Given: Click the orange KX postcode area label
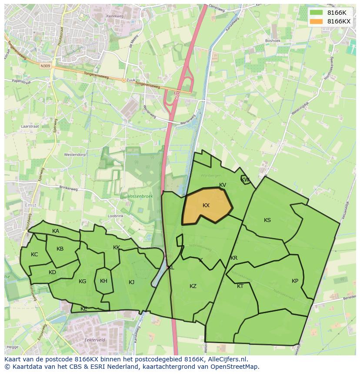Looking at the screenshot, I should [x=206, y=205].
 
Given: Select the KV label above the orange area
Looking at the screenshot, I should [x=223, y=185].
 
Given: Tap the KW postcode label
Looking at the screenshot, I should [x=245, y=179].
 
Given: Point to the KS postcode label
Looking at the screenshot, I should [x=267, y=220].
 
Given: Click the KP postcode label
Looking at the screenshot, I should [x=295, y=281].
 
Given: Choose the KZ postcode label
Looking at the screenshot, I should [x=193, y=286].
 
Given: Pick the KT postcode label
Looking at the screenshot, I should [x=240, y=286].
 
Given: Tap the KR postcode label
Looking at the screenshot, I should [x=234, y=258].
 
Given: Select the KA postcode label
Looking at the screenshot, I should [x=56, y=231].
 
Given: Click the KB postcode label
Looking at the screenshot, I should [x=60, y=249].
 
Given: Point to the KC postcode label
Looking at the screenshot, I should [x=34, y=255].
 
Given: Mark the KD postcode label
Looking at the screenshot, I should [x=52, y=272].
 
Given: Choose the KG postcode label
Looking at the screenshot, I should [x=82, y=281].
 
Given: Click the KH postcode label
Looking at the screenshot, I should [x=103, y=281].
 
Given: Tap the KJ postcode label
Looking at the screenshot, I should [x=132, y=282].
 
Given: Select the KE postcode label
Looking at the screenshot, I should [x=84, y=309].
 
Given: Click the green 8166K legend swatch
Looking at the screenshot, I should [x=317, y=12].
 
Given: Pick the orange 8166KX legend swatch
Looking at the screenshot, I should [x=317, y=21].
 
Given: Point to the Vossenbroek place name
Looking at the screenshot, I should [x=140, y=196].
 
